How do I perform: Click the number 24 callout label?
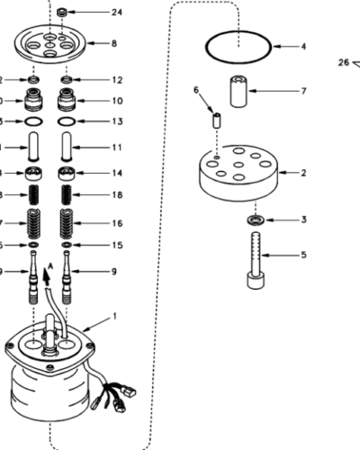[116, 13]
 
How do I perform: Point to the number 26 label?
[343, 62]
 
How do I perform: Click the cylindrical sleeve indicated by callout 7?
[238, 92]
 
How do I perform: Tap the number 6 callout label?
[196, 90]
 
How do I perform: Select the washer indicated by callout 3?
[255, 220]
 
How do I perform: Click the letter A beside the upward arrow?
[49, 266]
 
